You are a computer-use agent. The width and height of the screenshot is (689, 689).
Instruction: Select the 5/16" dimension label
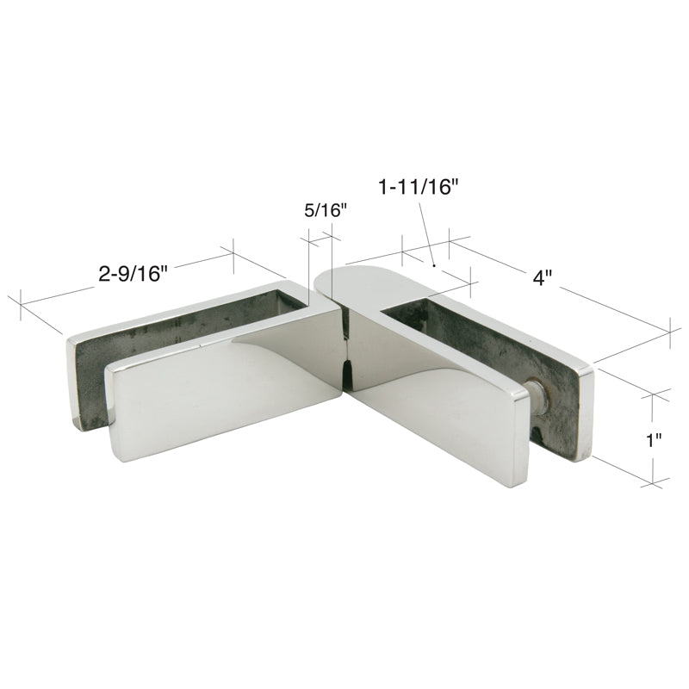coord(326,209)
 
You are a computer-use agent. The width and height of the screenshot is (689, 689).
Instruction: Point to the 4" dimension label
coord(541,277)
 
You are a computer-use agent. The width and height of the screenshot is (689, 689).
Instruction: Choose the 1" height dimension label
coord(654,440)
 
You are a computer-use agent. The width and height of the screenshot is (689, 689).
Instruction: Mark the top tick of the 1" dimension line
coord(654,396)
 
